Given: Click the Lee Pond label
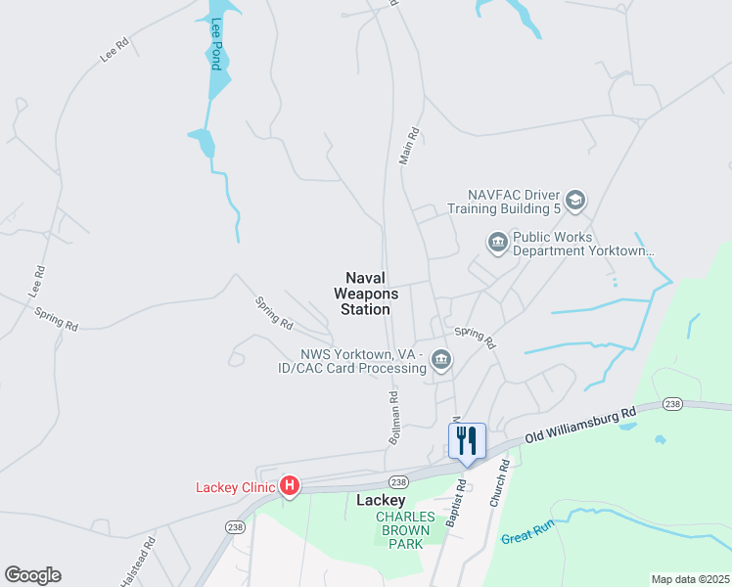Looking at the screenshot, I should [216, 44].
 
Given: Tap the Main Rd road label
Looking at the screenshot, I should [409, 145].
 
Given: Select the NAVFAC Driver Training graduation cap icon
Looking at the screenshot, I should [575, 201].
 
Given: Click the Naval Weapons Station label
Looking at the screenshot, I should [366, 293].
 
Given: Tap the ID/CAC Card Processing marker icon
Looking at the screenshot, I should [441, 361].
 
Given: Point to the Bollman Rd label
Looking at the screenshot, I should [394, 418].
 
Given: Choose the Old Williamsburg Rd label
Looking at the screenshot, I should [579, 425].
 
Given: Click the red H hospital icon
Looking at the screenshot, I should [290, 485].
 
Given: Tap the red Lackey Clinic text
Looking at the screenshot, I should [235, 486].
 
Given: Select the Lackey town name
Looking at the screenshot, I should [380, 500].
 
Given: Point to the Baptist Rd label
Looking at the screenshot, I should [455, 504].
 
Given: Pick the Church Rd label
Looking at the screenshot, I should [499, 484].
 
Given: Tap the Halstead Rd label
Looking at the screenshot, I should [138, 561].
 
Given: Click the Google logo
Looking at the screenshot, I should [32, 575].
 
